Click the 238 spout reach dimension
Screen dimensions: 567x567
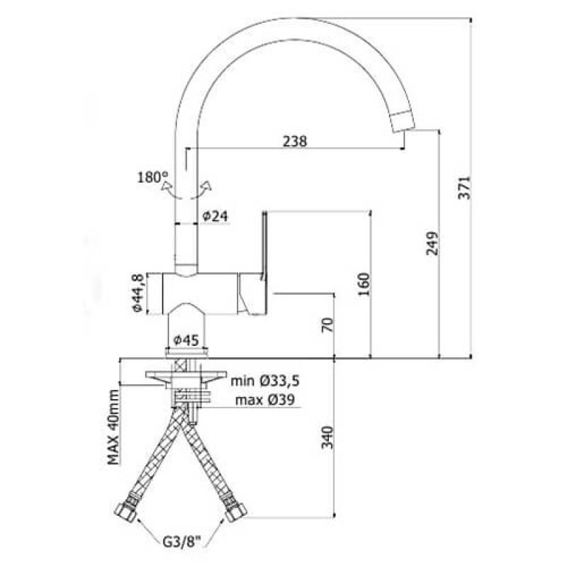[294, 141]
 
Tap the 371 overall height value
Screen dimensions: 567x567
[464, 188]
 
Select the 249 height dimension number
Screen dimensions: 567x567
[432, 243]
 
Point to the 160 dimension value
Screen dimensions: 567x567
[364, 284]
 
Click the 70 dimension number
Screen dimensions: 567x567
[327, 325]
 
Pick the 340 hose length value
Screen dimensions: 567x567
[327, 437]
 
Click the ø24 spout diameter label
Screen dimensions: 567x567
[215, 216]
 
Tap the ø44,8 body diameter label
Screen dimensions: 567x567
[138, 293]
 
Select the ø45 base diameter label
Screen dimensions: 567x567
[186, 340]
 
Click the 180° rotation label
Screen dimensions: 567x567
[152, 177]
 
